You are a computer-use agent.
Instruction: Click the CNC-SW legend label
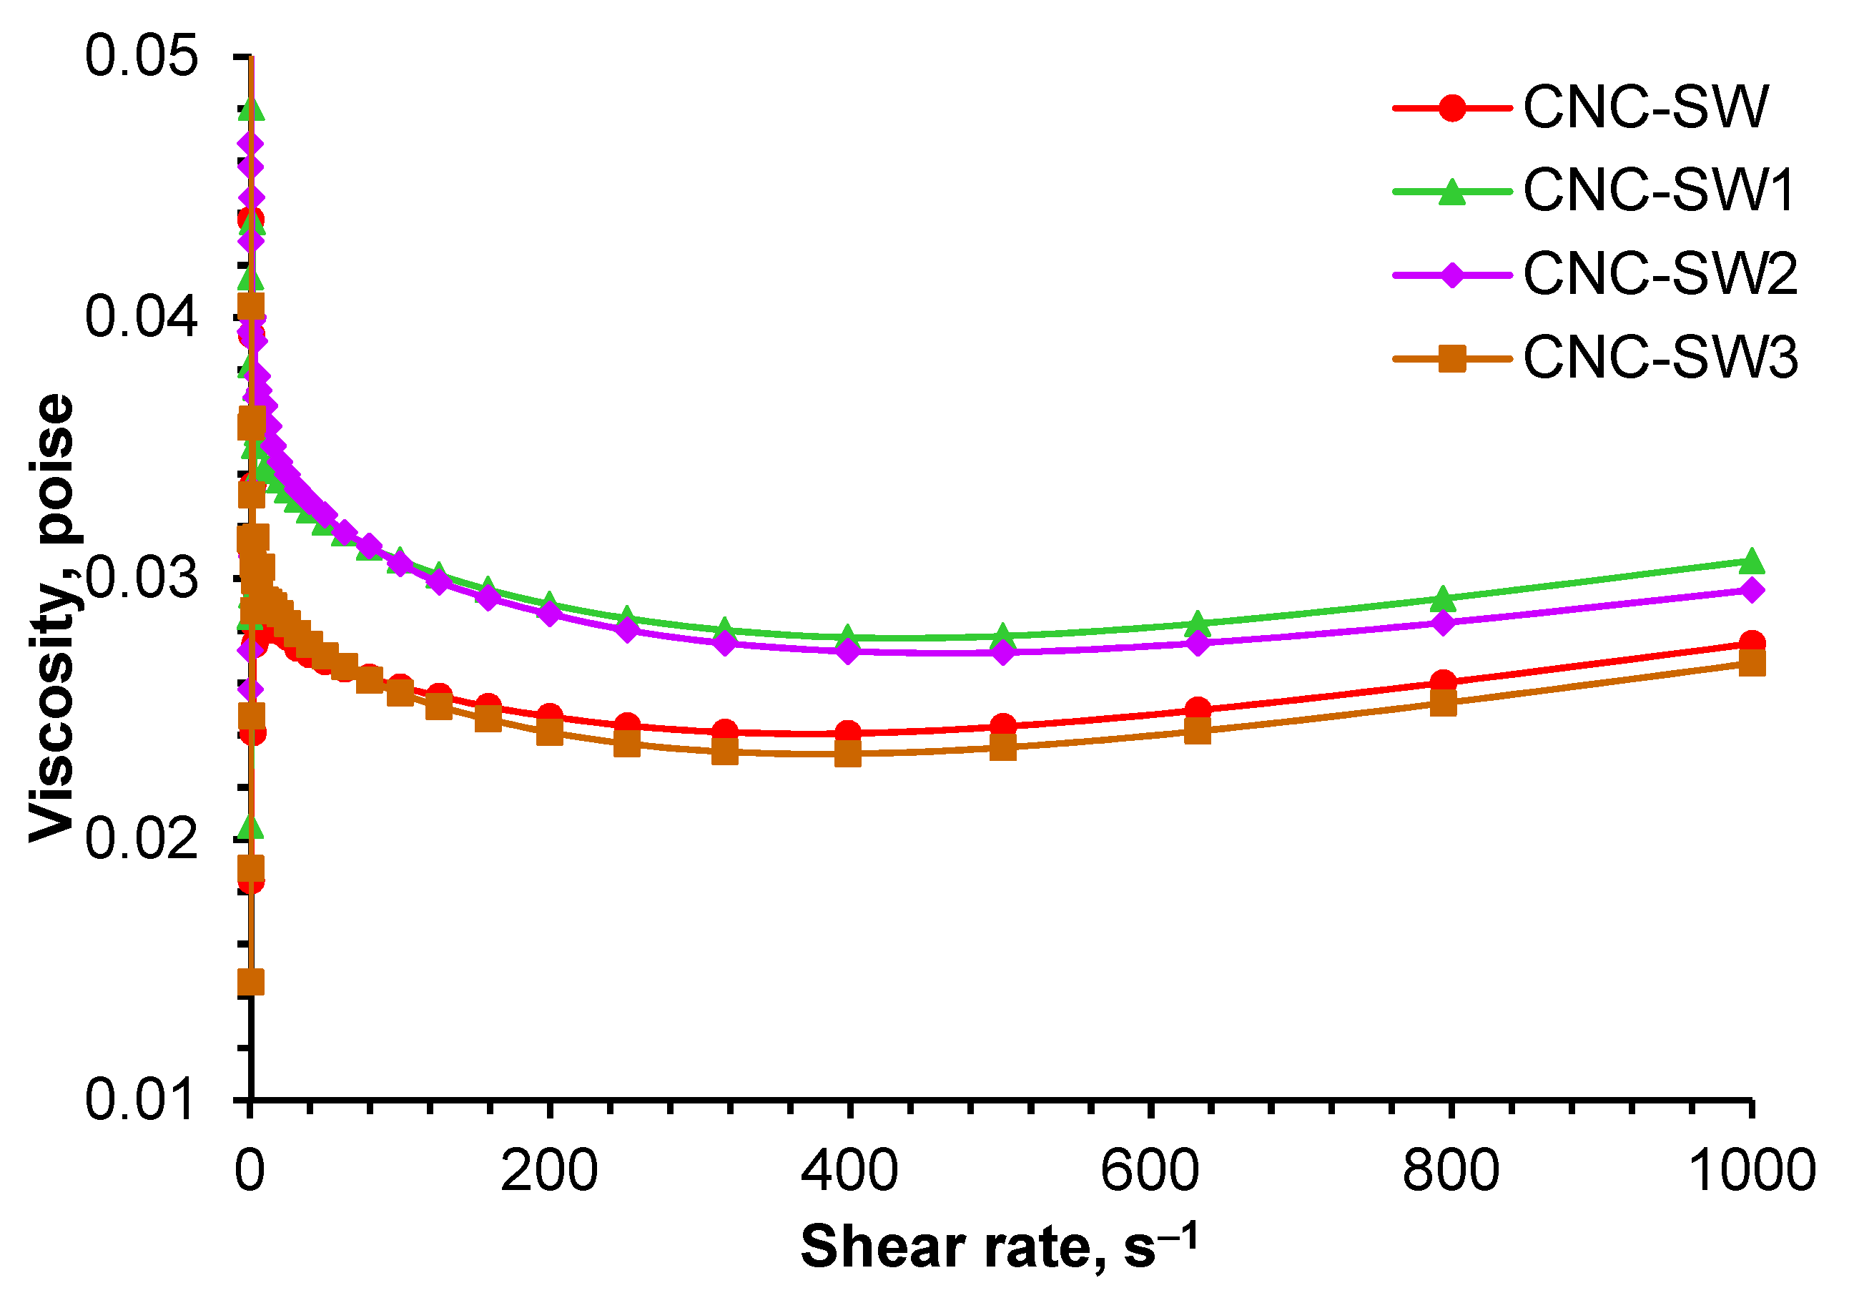coord(1645,107)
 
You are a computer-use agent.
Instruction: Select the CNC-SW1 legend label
coord(1659,191)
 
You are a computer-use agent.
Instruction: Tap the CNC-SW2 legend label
coord(1660,275)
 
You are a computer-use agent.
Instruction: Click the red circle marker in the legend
coord(1451,107)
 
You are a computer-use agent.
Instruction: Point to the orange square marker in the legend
coord(1451,358)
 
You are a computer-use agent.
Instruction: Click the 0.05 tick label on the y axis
coord(141,56)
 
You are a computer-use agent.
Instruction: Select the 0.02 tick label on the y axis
coord(141,838)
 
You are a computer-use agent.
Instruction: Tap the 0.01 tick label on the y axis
coord(141,1099)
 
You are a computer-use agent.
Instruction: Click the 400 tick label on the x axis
coord(849,1171)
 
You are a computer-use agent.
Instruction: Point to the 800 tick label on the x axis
coord(1450,1171)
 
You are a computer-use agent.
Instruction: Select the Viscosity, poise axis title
coord(52,618)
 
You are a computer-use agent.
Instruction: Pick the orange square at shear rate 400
coord(848,754)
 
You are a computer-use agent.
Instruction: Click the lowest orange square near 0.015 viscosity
coord(251,983)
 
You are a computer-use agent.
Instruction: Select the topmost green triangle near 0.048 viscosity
coord(251,107)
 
